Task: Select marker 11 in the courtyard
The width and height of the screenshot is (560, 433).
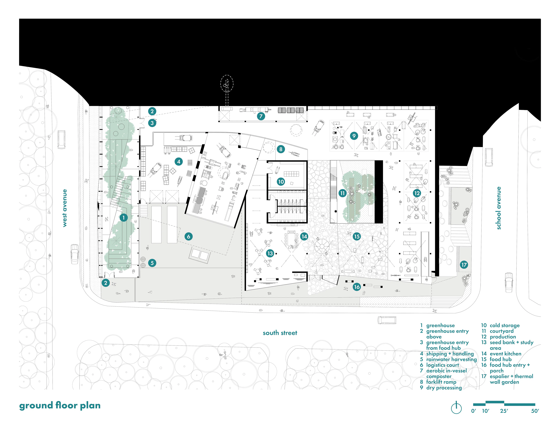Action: (x=343, y=193)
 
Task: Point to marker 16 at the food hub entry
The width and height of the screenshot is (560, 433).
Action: (x=357, y=287)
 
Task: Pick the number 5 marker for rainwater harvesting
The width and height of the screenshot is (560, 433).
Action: (x=152, y=263)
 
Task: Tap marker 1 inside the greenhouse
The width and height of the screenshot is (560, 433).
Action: (x=123, y=218)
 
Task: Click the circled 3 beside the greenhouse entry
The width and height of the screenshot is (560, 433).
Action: (x=152, y=123)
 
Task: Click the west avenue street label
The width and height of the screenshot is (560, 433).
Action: (x=65, y=208)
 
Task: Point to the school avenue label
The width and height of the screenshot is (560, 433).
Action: (x=498, y=208)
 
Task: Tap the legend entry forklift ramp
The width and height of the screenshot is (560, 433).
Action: (x=441, y=382)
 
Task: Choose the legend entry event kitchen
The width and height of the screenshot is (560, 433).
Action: (x=505, y=354)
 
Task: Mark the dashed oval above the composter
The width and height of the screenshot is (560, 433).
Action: (x=227, y=83)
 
